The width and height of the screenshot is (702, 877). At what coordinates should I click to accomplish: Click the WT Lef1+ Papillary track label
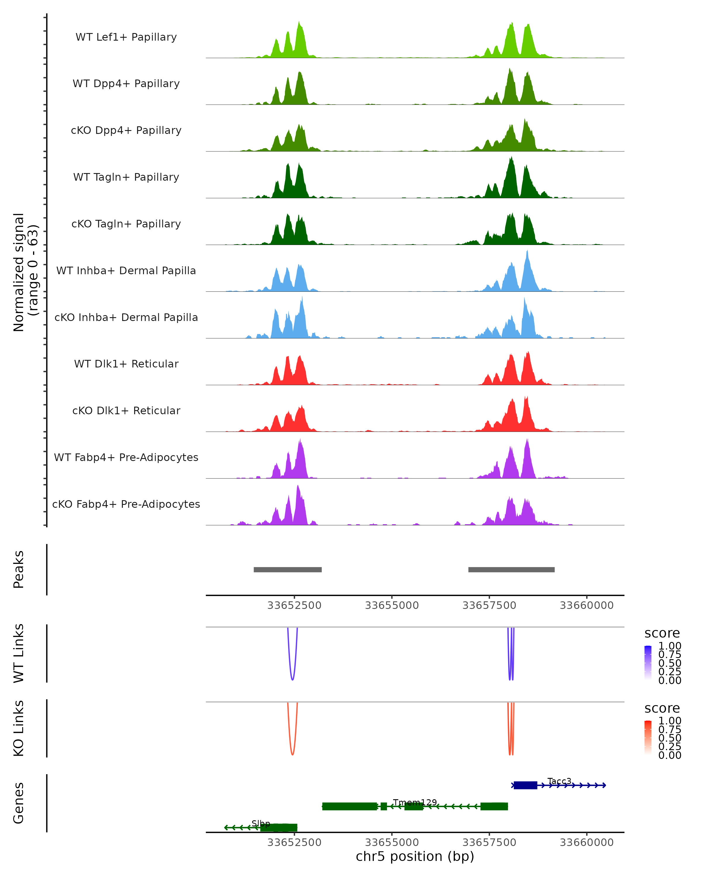(126, 37)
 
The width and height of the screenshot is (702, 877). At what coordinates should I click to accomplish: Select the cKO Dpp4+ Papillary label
(126, 131)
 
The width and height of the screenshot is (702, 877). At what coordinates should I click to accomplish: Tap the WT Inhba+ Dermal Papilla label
(126, 271)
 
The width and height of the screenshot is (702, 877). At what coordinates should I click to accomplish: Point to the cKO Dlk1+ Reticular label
(126, 411)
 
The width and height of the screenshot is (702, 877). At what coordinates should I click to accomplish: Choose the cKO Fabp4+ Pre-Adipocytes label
(126, 504)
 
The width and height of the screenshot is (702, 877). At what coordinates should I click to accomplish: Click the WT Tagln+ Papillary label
(126, 177)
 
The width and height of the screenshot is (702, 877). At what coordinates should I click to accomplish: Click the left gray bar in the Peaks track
(288, 570)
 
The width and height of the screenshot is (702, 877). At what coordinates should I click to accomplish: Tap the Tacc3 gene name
(559, 781)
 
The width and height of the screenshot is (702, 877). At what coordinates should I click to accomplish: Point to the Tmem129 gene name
(415, 802)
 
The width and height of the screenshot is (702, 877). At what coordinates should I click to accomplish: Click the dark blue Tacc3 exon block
(525, 785)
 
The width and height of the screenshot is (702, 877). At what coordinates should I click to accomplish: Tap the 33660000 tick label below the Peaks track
(586, 606)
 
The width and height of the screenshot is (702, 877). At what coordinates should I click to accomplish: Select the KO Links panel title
(19, 728)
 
